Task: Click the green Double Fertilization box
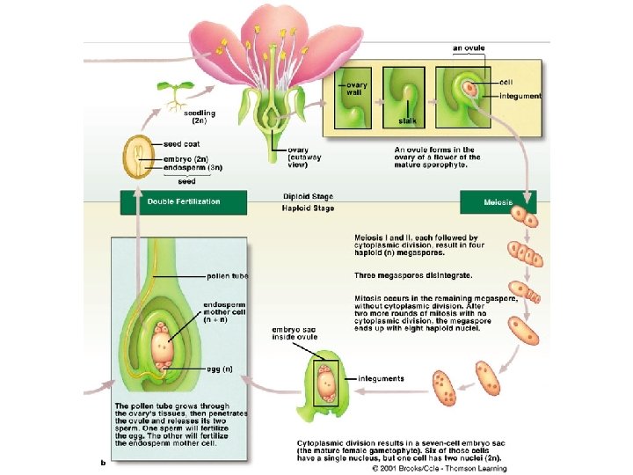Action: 171,201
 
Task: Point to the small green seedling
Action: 173,91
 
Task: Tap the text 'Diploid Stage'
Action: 308,196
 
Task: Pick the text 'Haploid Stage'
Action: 308,209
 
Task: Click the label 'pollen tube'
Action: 227,276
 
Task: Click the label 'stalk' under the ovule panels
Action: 407,120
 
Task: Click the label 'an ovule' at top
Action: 469,47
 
